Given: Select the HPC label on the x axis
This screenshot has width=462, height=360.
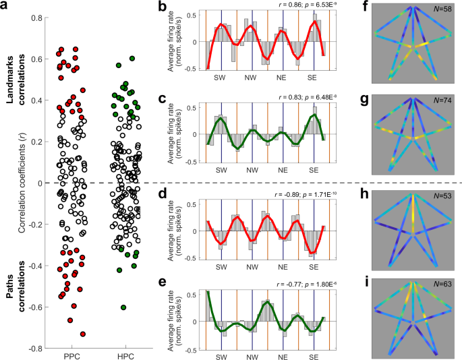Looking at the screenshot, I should point(122,355).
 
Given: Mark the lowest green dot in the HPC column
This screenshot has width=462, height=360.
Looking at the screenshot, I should point(123,307).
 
